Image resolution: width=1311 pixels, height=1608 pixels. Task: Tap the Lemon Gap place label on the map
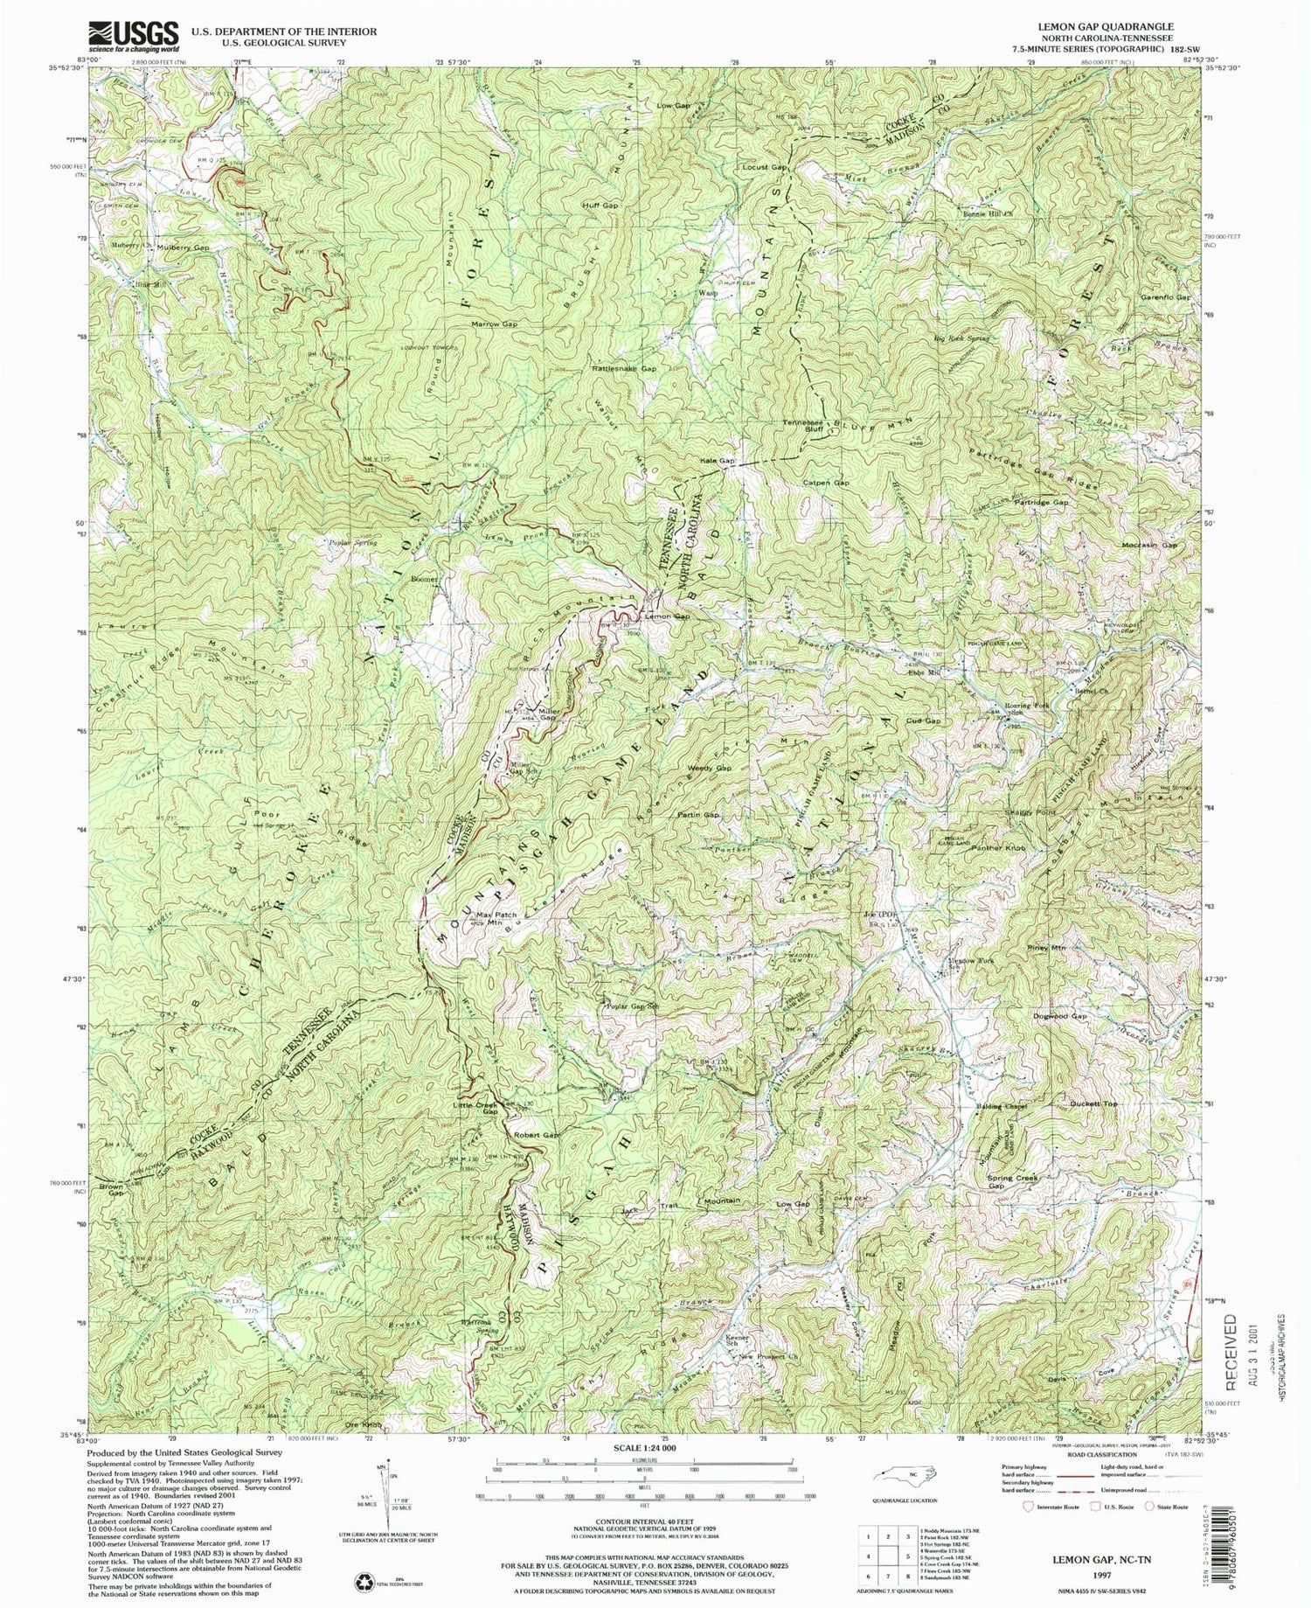point(667,616)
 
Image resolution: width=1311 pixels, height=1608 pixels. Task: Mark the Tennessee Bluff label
point(803,427)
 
